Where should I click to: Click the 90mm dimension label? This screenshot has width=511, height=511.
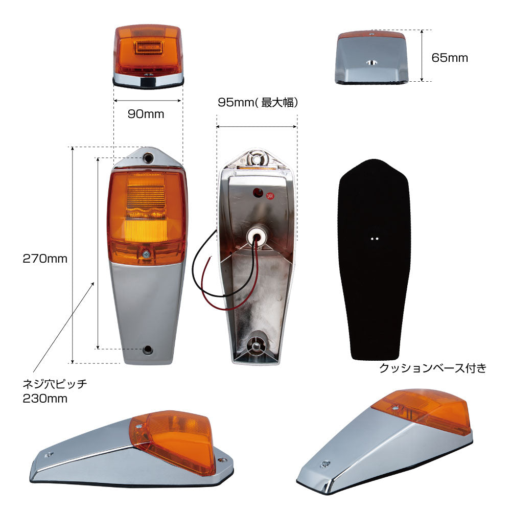tap(146, 114)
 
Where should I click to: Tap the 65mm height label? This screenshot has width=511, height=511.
tap(449, 58)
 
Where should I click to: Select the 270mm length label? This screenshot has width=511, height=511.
tap(45, 259)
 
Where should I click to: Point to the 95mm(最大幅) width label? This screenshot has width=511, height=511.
tap(258, 102)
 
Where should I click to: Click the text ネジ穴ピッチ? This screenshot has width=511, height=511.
tap(55, 384)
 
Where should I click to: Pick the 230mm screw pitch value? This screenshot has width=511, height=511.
tap(45, 398)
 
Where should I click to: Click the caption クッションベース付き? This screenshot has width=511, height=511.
tap(433, 368)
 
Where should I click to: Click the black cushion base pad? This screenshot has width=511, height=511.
tap(374, 260)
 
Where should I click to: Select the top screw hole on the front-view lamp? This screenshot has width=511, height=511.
tap(148, 158)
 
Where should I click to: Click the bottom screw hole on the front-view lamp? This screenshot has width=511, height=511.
tap(148, 350)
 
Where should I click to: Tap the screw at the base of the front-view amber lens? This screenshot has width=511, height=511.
tap(146, 253)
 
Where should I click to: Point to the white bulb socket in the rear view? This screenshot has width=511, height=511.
tap(255, 236)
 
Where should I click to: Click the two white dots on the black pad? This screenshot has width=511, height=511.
tap(375, 239)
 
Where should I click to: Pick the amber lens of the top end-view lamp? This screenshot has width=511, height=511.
tap(149, 50)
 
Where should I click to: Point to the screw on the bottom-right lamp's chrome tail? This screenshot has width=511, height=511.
tap(325, 464)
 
